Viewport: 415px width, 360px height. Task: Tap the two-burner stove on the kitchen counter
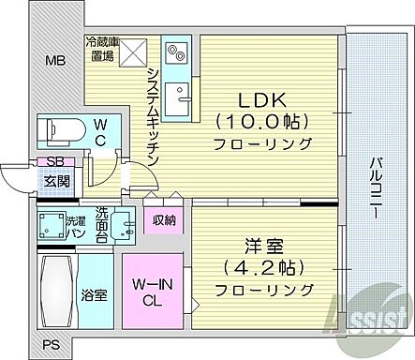tap(176, 50)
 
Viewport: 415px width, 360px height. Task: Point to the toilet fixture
tap(57, 127)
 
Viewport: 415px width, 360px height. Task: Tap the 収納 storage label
tap(166, 221)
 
